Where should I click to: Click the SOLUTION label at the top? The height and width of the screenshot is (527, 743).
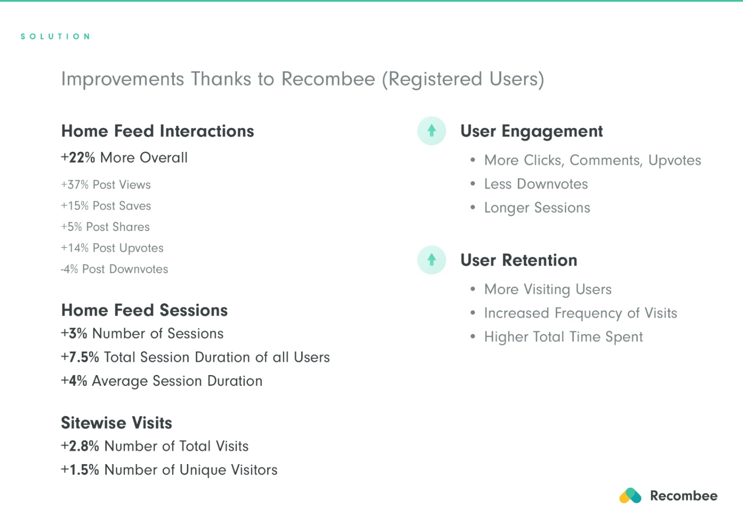pyautogui.click(x=55, y=36)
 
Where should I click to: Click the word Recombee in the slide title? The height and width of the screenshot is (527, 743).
pyautogui.click(x=328, y=79)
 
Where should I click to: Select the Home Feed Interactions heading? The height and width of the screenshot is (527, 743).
pyautogui.click(x=158, y=131)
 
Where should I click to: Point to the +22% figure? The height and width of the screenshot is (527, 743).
pyautogui.click(x=78, y=157)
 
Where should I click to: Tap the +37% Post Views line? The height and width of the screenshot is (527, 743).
pyautogui.click(x=106, y=184)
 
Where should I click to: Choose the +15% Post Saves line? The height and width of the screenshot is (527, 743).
pyautogui.click(x=106, y=206)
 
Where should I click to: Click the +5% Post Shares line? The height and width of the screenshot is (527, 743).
pyautogui.click(x=105, y=227)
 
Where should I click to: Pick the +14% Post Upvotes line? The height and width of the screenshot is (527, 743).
pyautogui.click(x=112, y=248)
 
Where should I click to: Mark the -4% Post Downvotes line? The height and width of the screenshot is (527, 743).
pyautogui.click(x=114, y=269)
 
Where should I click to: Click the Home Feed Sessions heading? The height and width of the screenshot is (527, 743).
pyautogui.click(x=144, y=310)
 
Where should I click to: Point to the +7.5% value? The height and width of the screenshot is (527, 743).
pyautogui.click(x=80, y=357)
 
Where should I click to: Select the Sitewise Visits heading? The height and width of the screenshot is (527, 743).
pyautogui.click(x=116, y=422)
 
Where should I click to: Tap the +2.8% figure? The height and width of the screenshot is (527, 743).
pyautogui.click(x=80, y=446)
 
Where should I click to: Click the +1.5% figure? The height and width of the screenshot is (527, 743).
pyautogui.click(x=80, y=469)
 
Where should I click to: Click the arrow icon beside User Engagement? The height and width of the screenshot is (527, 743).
pyautogui.click(x=431, y=131)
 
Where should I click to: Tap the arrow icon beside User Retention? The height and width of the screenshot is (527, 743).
pyautogui.click(x=431, y=260)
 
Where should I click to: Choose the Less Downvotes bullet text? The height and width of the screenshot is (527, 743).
pyautogui.click(x=536, y=184)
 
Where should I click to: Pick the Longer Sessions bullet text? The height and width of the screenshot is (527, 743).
pyautogui.click(x=537, y=208)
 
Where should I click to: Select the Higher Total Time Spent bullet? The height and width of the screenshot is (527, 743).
pyautogui.click(x=563, y=337)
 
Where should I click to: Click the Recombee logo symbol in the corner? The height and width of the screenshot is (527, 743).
pyautogui.click(x=630, y=496)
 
